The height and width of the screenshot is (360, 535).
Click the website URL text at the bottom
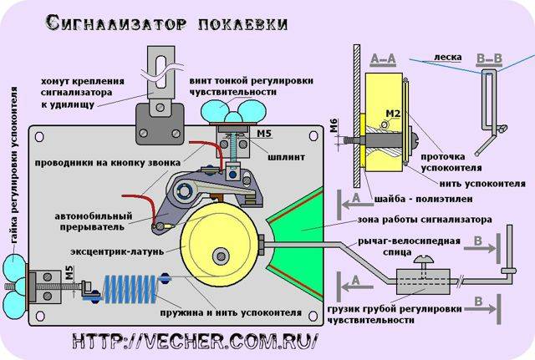tap(195, 341)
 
